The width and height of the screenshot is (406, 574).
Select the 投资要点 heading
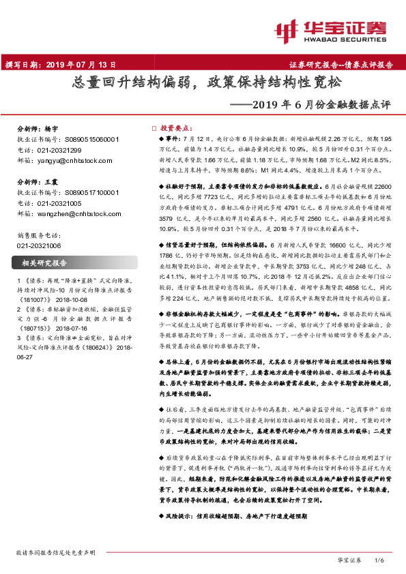coord(176,127)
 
